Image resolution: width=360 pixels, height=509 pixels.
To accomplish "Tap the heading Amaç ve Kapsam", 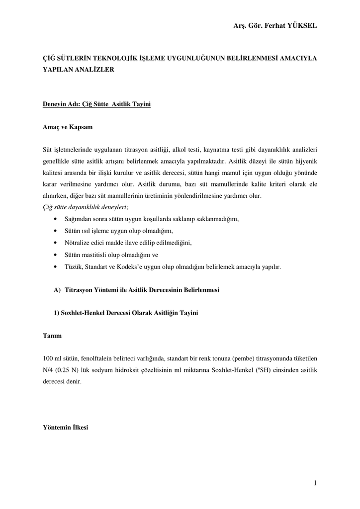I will (68, 127).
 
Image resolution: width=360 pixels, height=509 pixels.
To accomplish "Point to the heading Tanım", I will (53, 336).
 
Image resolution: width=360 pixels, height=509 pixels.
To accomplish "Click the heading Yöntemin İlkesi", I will (66, 427).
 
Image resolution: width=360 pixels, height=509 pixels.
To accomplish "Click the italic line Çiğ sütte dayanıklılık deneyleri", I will (86, 207).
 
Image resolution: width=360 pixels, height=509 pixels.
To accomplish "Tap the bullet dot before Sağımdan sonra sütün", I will (54, 219).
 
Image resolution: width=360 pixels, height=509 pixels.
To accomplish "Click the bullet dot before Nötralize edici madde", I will (54, 243).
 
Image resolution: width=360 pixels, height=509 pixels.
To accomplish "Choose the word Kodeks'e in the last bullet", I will (129, 266).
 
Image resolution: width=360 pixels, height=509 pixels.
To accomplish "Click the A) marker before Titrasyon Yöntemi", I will (57, 289).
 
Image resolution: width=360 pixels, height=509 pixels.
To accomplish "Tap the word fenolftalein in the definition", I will (96, 358).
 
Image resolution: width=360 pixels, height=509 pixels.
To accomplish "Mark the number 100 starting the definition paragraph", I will (48, 358).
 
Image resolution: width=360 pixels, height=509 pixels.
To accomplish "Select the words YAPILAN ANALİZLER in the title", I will (79, 70).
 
